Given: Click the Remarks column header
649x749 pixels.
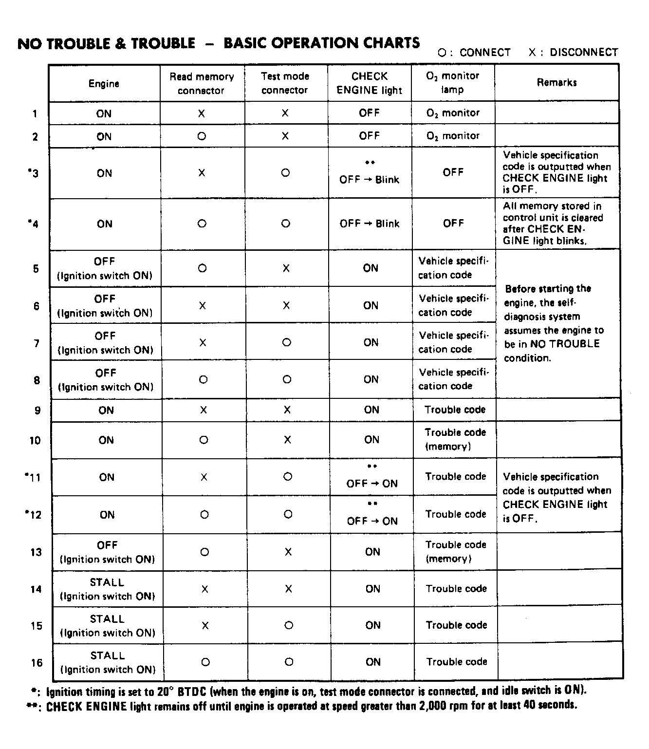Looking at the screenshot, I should pos(556,83).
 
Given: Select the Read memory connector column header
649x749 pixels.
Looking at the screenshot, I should pos(202,83).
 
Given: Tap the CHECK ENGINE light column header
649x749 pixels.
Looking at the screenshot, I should pos(369,83).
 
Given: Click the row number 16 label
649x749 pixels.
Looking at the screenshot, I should pos(37,662).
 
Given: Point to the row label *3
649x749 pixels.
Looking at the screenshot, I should pos(33,173).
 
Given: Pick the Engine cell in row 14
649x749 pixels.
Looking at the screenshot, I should pos(107,589).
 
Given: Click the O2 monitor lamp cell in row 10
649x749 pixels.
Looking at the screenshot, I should pos(455,440).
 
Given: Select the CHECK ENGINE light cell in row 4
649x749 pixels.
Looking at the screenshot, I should pos(369,224).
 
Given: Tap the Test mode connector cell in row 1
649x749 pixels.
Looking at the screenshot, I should pos(285,113).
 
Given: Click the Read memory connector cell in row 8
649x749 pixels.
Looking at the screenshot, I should pos(204,379).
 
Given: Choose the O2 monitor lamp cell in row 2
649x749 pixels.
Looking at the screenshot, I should pos(453,136).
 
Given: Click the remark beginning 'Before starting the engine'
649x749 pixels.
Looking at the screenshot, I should pos(554,323).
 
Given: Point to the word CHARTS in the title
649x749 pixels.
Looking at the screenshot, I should pos(388,43).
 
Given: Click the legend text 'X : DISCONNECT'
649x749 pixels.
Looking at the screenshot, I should pos(573,53).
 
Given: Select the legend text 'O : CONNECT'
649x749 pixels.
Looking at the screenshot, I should pos(474,53).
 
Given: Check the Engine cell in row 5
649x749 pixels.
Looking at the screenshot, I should pos(105,268).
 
